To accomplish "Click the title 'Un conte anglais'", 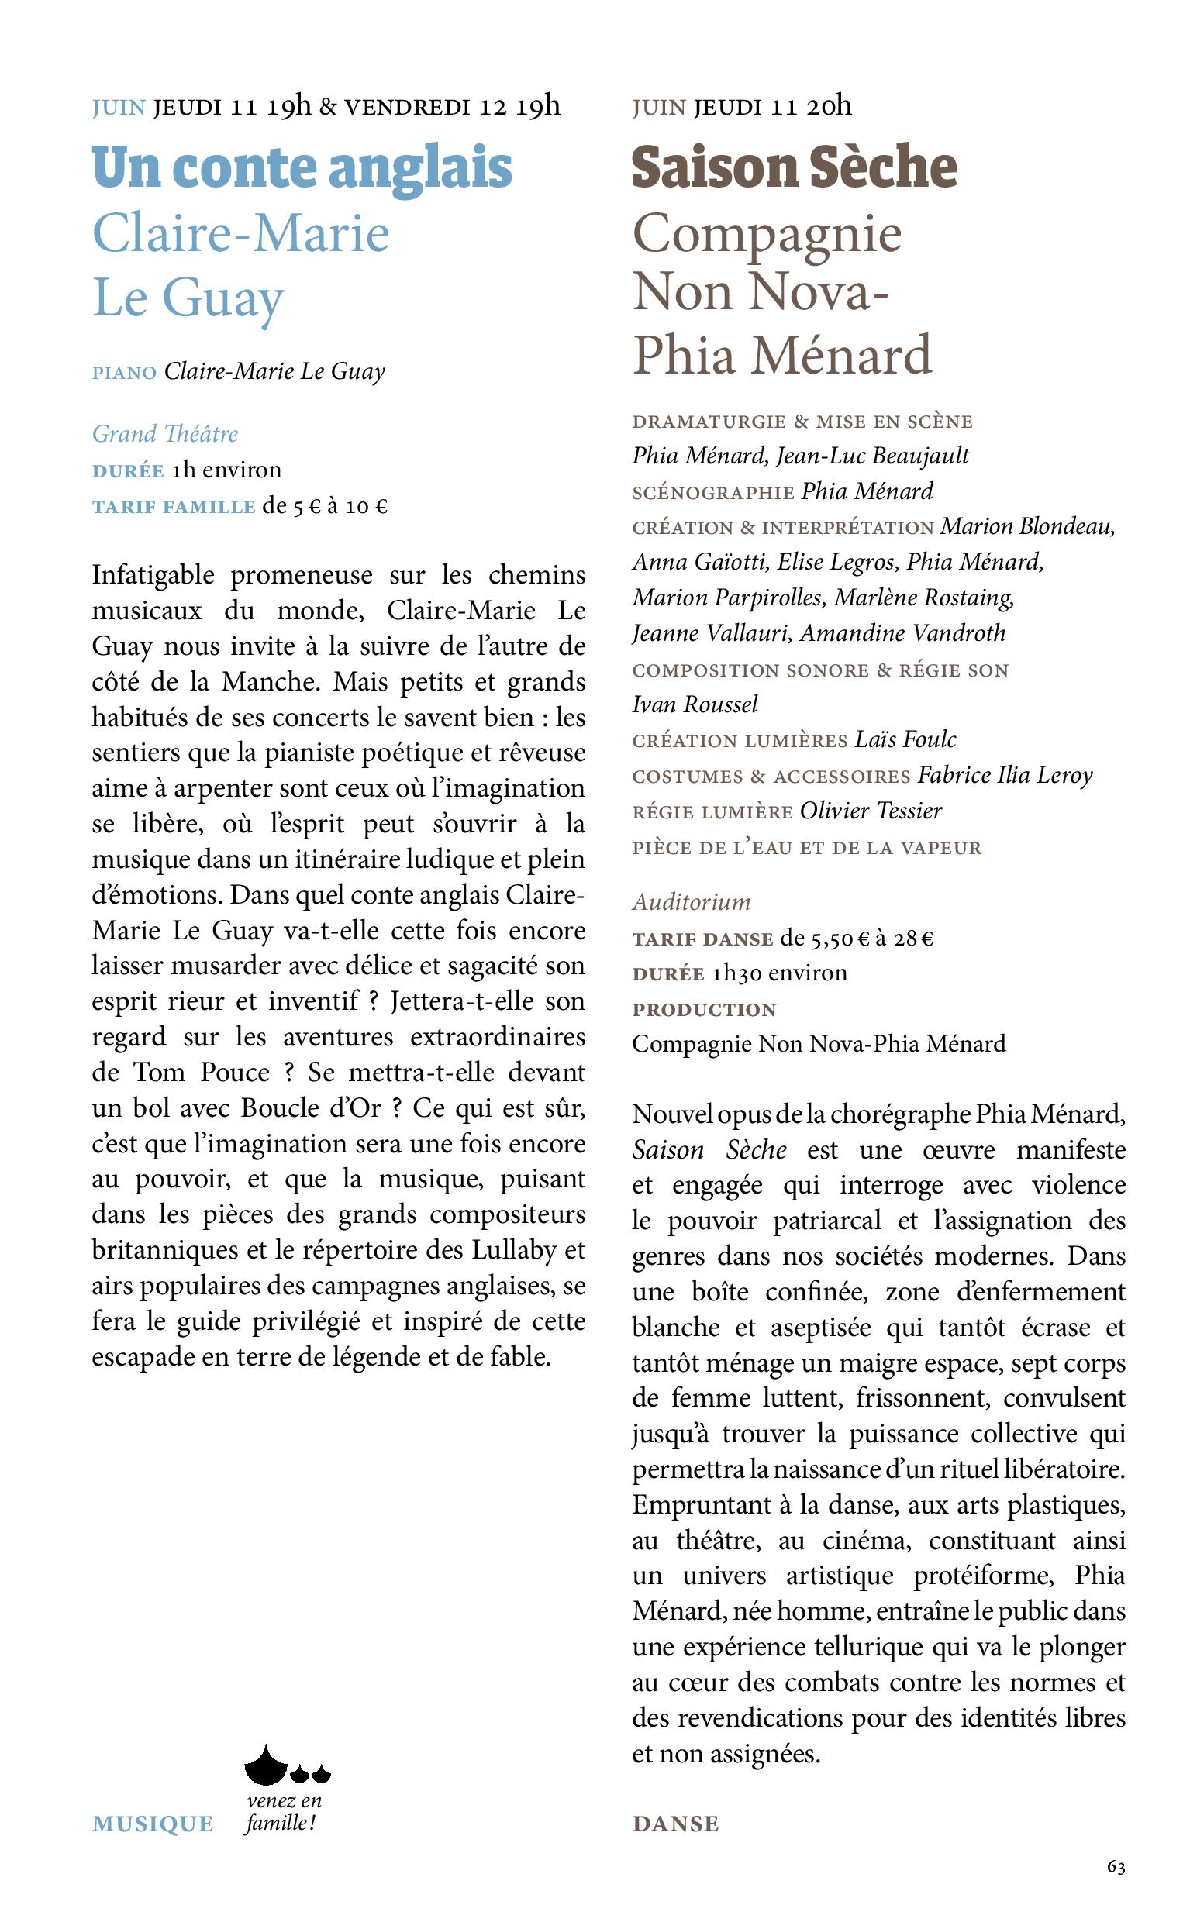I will click(302, 167).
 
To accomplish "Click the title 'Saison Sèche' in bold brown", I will click(794, 167).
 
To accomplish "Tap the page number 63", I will click(1116, 1867).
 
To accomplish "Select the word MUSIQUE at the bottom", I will click(153, 1824).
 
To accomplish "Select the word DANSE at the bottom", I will click(675, 1824).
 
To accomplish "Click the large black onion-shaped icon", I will click(266, 1766).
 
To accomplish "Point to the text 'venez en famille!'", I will click(282, 1812).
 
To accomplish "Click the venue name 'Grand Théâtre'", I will click(164, 433).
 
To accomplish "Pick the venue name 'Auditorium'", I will click(691, 901).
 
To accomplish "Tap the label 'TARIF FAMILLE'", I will click(173, 507).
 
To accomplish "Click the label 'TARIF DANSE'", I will click(702, 939).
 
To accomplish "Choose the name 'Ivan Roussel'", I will click(694, 704).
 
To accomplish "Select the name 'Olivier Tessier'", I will click(871, 811).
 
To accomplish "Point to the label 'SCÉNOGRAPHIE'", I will click(713, 492).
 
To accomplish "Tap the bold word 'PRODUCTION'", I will click(705, 1009).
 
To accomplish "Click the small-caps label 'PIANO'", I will click(124, 373).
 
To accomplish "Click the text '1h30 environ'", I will click(779, 973).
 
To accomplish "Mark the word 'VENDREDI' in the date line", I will click(407, 107).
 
